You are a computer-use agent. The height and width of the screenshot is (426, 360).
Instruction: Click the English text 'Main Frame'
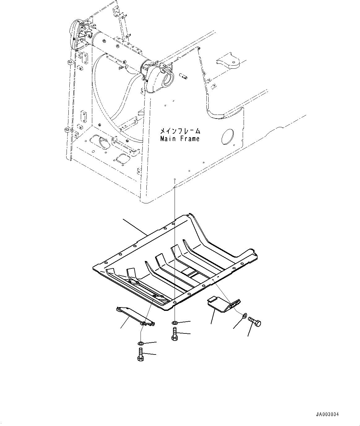point(180,139)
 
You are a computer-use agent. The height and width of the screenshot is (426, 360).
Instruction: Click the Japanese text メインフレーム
point(180,131)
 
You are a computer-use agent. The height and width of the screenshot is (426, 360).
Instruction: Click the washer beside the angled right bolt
point(244,315)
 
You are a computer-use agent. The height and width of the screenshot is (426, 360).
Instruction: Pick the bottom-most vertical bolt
point(139,354)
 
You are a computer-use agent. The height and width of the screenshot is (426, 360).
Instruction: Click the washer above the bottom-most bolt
point(140,343)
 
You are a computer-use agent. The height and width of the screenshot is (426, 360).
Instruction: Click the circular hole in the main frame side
point(228,137)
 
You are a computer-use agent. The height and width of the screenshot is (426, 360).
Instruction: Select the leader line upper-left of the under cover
point(135,226)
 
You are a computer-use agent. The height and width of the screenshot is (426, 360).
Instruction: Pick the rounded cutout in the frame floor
point(100,142)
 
